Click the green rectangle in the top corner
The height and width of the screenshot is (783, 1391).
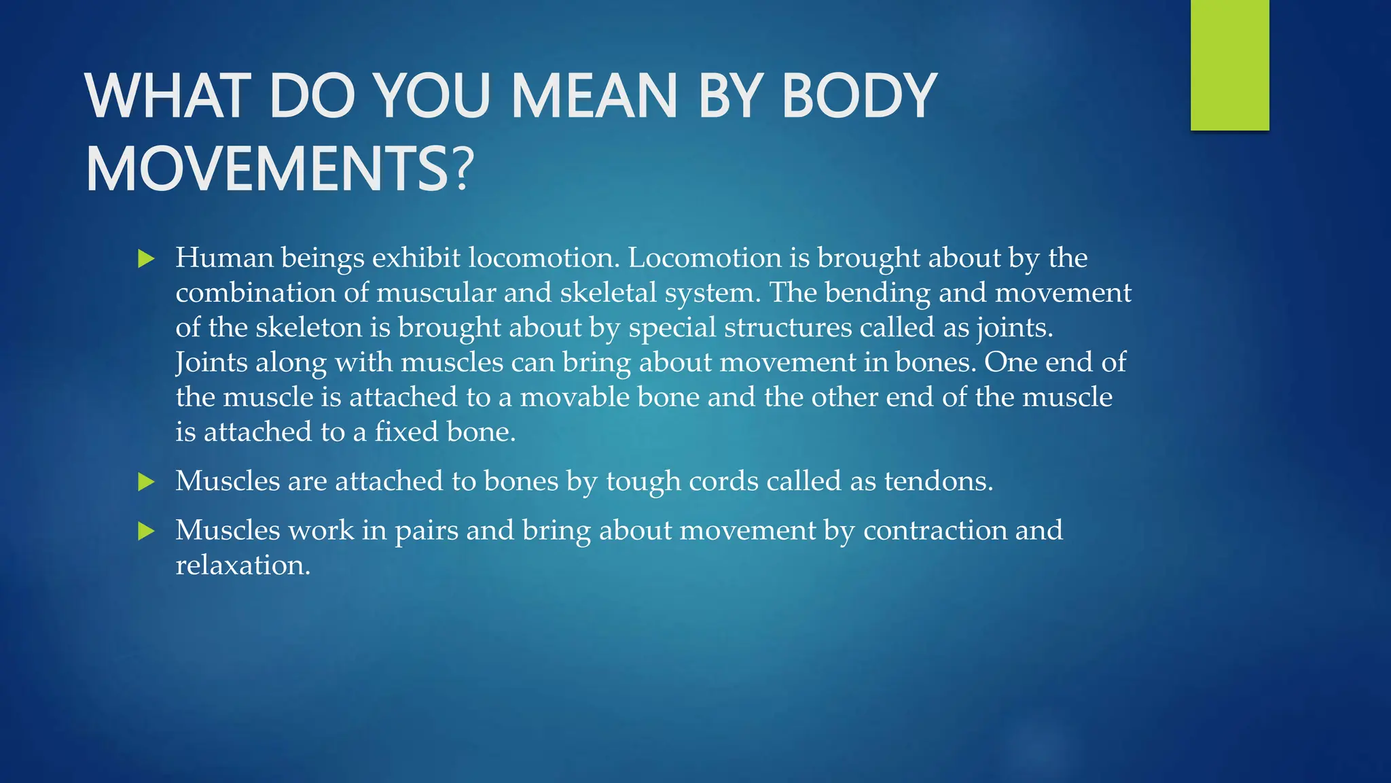coord(1229,65)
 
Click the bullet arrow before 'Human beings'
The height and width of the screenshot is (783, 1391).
coord(146,258)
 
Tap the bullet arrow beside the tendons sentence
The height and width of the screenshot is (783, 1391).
coord(146,482)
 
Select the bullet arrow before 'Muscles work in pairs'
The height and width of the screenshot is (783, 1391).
coord(146,531)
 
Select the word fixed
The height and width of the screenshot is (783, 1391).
coord(405,432)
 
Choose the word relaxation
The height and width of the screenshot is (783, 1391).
coord(242,565)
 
